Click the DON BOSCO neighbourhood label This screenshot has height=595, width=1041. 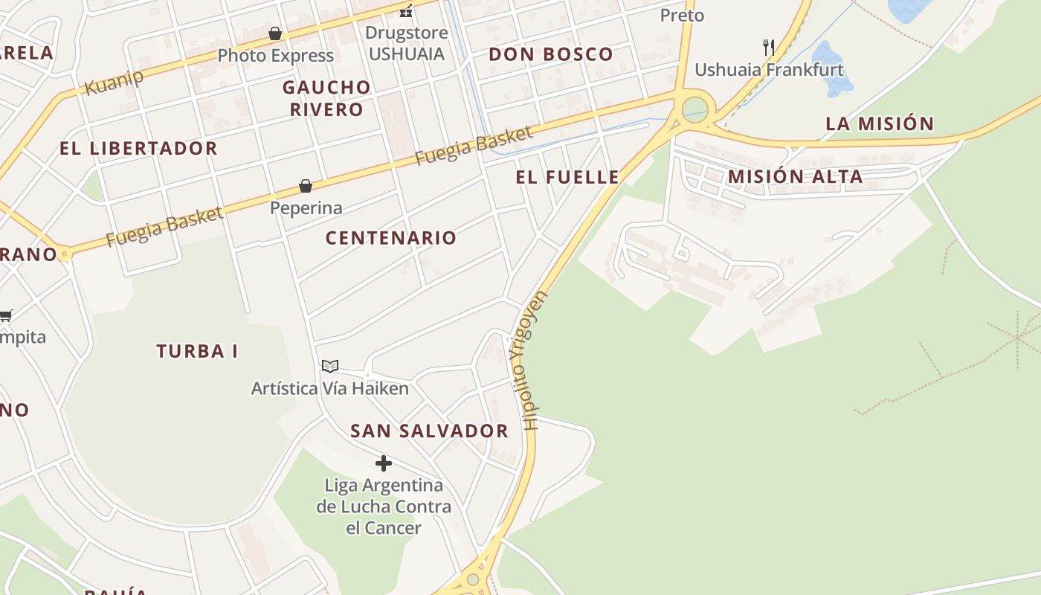[x=551, y=54]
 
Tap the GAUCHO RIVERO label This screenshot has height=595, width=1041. [x=326, y=98]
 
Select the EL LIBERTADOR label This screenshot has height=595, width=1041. [x=138, y=148]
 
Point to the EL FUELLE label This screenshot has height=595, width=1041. [x=567, y=177]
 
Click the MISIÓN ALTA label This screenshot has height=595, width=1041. [x=795, y=177]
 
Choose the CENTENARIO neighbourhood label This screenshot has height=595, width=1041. [x=391, y=238]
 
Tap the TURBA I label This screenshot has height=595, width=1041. [x=197, y=351]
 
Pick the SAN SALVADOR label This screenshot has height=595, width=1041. [x=429, y=431]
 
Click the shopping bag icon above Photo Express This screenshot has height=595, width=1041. [x=275, y=33]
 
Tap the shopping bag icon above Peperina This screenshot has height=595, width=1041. [x=306, y=186]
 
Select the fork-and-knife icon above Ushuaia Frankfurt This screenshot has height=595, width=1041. [x=769, y=48]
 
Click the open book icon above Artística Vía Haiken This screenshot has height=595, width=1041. [x=330, y=366]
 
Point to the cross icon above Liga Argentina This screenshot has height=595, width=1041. [x=384, y=463]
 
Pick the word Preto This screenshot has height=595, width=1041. [x=682, y=15]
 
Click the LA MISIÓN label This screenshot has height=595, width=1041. [x=880, y=123]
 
